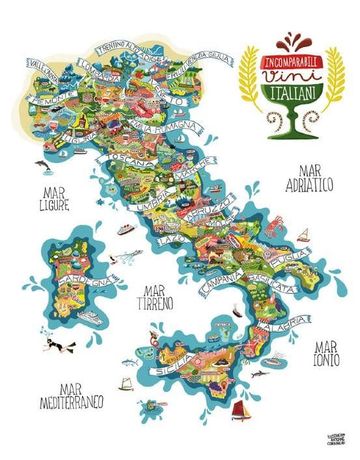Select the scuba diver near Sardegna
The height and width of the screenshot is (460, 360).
[55, 344]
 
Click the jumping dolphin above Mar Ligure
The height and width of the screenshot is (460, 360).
[43, 165]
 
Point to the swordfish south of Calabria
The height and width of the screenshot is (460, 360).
[260, 374]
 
